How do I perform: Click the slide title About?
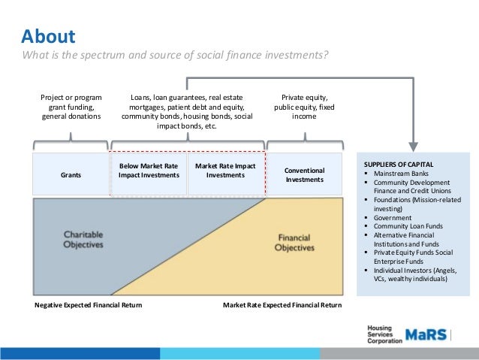(48, 37)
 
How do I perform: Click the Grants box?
(71, 174)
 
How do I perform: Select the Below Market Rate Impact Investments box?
(149, 170)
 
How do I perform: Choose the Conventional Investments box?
(304, 174)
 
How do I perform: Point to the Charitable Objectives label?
(83, 239)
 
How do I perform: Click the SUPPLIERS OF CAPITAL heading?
(398, 164)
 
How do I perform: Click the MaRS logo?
(428, 334)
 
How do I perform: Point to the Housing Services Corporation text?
(383, 334)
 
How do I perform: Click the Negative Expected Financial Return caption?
(89, 305)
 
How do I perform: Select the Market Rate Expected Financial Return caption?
(282, 305)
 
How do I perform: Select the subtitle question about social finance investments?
(174, 56)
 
